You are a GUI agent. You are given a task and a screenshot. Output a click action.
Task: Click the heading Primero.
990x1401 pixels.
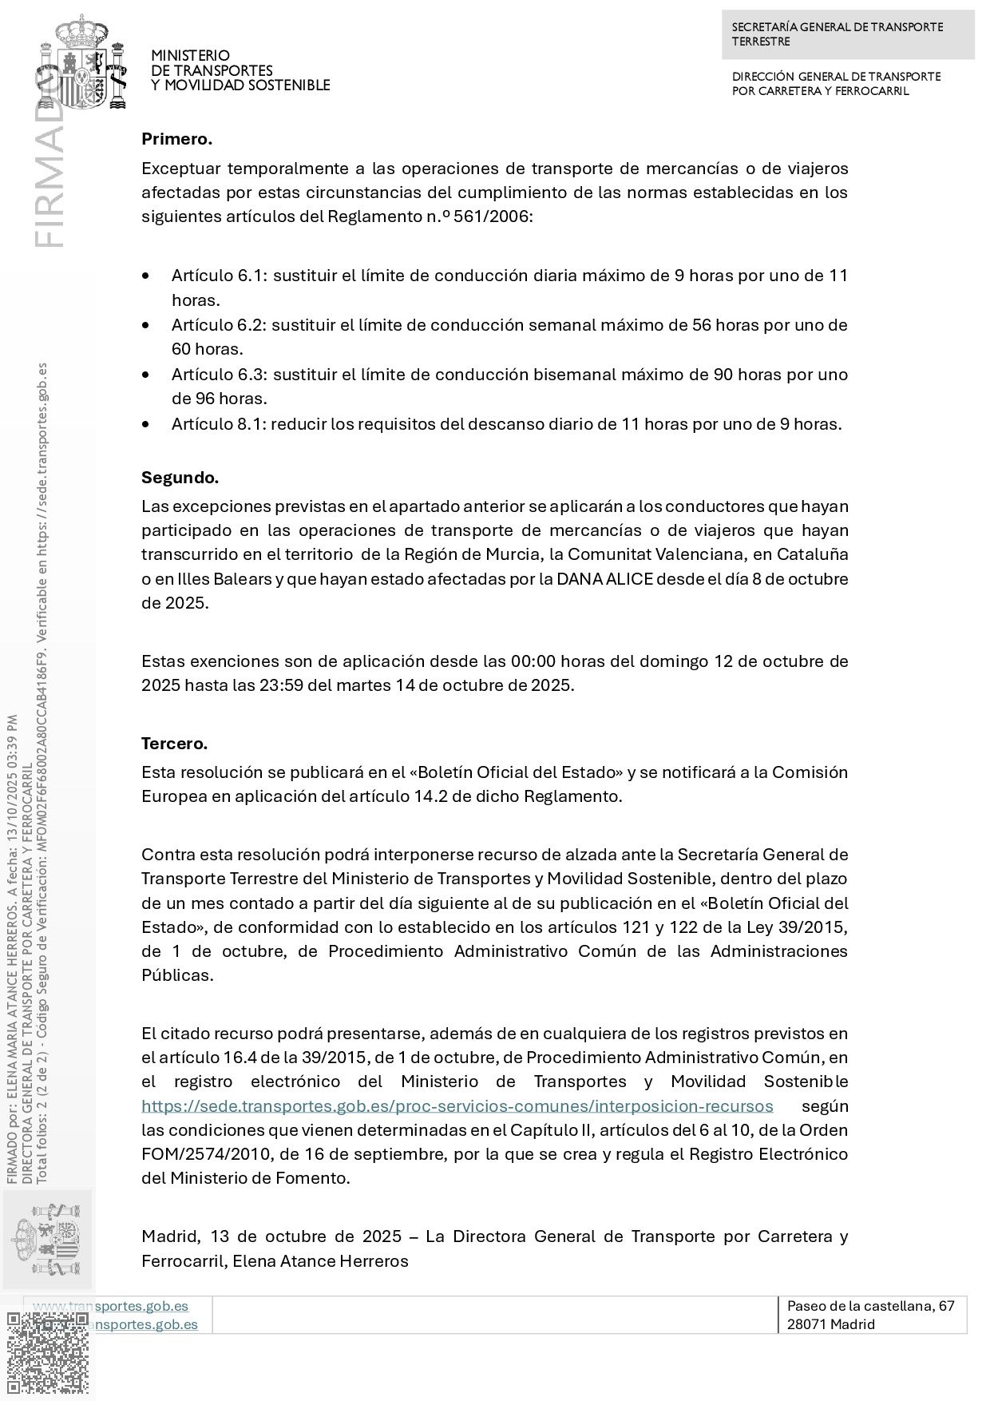tap(176, 139)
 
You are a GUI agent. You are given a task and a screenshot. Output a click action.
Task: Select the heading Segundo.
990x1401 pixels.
tap(180, 478)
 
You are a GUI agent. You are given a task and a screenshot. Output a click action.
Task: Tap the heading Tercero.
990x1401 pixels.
tap(174, 744)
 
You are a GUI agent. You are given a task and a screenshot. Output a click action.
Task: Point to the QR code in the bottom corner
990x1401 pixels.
tap(48, 1354)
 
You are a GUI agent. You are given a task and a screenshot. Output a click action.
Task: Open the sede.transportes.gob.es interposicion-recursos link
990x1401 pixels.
tap(457, 1106)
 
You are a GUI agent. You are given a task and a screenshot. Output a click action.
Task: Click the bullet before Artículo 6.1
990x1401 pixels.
tap(145, 276)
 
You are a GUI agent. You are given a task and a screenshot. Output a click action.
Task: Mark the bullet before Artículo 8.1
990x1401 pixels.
tap(145, 424)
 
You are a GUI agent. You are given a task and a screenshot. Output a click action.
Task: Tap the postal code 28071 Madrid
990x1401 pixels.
tap(830, 1324)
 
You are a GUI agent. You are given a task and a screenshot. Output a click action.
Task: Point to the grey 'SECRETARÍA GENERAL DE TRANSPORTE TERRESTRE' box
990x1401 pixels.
tap(848, 34)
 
